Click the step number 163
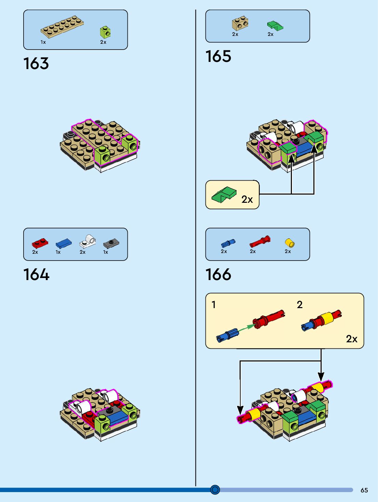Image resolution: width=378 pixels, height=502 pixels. coord(36,64)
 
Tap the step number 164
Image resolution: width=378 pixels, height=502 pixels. coord(36,275)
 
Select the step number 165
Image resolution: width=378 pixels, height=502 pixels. coord(218,56)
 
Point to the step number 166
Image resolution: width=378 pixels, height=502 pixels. coord(218,275)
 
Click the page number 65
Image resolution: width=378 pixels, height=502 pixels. coord(364,490)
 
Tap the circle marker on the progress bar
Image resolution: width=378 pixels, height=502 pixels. coord(215,490)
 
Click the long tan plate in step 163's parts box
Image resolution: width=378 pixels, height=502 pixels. coord(63,26)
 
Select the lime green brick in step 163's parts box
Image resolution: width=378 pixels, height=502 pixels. coord(105,32)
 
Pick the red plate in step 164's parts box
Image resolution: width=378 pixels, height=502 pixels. coord(40,243)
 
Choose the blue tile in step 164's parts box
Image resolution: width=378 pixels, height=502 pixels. coord(64,243)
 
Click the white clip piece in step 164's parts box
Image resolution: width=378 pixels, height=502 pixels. coord(88,241)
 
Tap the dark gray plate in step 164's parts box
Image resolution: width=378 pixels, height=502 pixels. coord(111,243)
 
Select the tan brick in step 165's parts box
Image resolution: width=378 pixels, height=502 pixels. coord(240,23)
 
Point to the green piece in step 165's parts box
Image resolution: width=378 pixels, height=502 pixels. coord(275,26)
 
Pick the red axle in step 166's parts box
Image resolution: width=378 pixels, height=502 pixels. coord(260,241)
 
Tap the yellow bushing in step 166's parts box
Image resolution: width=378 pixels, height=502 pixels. coord(289,243)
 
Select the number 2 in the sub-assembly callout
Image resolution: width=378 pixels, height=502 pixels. coord(300,304)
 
